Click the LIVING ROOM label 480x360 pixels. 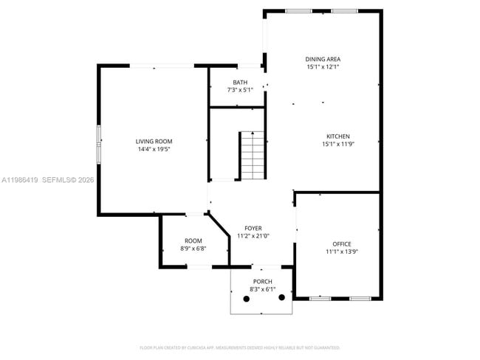(x=154, y=141)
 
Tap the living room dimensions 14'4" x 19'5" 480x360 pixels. (x=154, y=150)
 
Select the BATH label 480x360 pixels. (x=240, y=82)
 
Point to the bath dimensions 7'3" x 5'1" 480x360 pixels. (x=240, y=90)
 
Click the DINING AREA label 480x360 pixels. (x=323, y=59)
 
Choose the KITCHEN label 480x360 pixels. (x=338, y=136)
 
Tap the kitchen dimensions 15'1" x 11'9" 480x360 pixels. (x=338, y=145)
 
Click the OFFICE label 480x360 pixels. (x=341, y=243)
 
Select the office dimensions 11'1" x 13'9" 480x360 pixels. (x=341, y=252)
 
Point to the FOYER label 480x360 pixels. (x=253, y=228)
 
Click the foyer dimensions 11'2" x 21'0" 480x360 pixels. (x=253, y=236)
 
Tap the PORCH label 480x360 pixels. (x=262, y=282)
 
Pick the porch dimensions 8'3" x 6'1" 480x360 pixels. (x=262, y=290)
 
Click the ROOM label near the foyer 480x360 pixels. (x=193, y=240)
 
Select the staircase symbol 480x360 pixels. (x=252, y=156)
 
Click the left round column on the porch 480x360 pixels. (x=246, y=300)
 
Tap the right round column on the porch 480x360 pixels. (x=281, y=300)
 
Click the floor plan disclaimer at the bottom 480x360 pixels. (x=239, y=347)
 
